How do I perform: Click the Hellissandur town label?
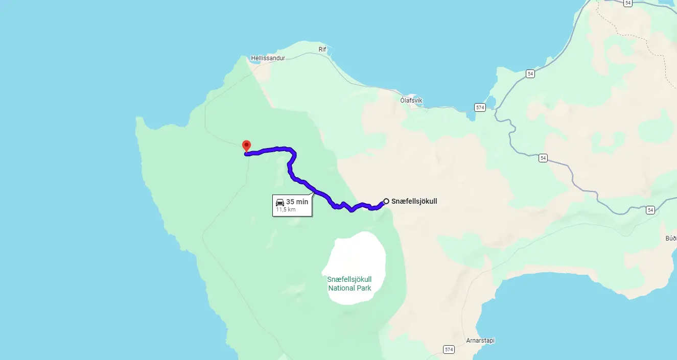point(268,58)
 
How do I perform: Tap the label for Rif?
point(322,50)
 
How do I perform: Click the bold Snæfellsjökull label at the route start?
point(414,201)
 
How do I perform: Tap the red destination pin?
point(246,146)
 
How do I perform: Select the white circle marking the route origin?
point(386,201)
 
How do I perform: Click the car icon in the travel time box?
point(280,202)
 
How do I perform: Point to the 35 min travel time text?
point(297,202)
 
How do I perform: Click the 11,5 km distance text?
point(286,209)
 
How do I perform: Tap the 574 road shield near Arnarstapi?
point(449,350)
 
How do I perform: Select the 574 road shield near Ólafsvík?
point(479,107)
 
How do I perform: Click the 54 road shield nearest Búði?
point(650,210)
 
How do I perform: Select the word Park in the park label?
point(364,288)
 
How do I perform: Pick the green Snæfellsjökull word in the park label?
point(349,279)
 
